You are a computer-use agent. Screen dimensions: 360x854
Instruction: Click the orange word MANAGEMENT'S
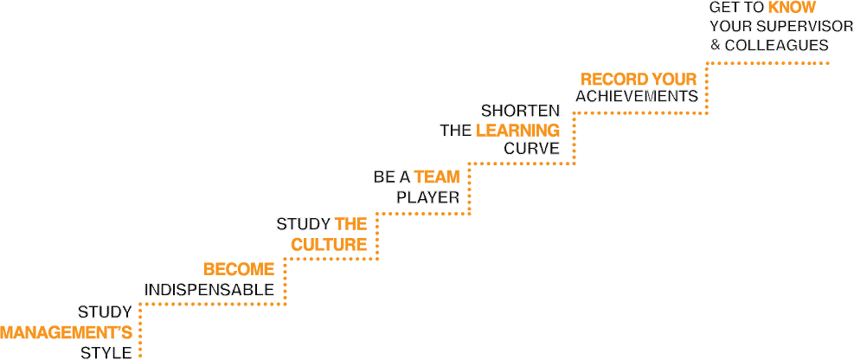coord(67,331)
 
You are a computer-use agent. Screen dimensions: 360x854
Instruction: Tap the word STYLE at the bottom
coord(106,352)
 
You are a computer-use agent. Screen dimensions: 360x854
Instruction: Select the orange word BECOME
coord(239,269)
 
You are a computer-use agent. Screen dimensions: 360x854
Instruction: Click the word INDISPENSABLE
coord(209,289)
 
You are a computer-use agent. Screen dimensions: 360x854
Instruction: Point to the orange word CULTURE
coord(329,245)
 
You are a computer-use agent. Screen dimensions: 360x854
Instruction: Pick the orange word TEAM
coord(436,177)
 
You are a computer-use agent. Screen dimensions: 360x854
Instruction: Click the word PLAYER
coord(428,197)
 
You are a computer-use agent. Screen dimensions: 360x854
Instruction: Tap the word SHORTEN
coord(520,111)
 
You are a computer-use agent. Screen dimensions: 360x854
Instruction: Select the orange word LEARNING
coord(517,131)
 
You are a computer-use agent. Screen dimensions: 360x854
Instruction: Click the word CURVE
coord(531,150)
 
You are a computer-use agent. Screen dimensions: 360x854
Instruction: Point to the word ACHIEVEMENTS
coord(637,96)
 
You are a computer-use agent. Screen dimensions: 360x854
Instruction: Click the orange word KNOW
coord(792,8)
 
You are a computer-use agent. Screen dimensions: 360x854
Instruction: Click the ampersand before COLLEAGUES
coord(716,45)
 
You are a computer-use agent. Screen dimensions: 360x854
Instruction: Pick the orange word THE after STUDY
coord(350,224)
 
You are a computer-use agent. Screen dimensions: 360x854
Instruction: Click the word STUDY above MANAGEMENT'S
coord(105,312)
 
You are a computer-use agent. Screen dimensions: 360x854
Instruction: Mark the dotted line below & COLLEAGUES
coord(770,63)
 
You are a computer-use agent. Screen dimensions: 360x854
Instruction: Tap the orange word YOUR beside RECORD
coord(675,80)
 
